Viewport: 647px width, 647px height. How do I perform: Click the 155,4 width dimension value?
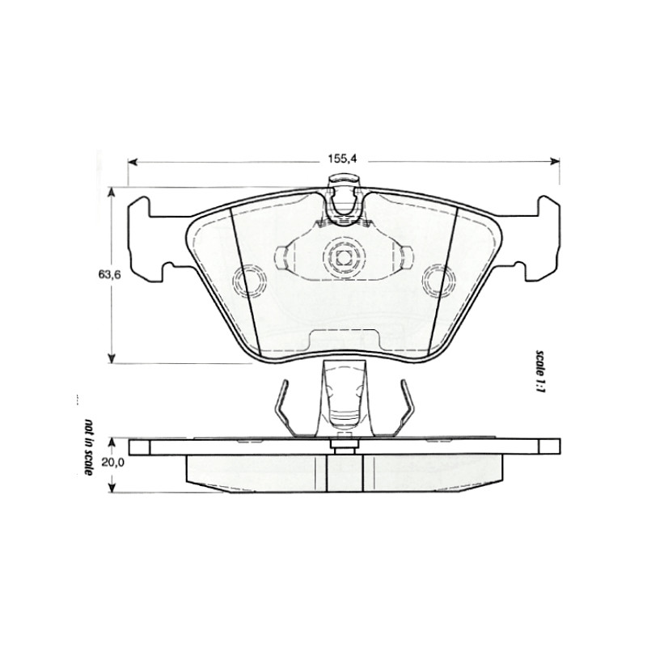[341, 159]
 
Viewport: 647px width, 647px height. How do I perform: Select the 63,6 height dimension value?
[109, 275]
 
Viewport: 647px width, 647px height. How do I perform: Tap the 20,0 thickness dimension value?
[113, 463]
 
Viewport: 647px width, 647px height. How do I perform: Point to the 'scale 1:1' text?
[540, 370]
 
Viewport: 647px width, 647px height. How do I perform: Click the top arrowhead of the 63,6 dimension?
[111, 192]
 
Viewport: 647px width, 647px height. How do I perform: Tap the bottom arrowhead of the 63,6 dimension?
[111, 358]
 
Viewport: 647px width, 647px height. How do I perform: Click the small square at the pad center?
[343, 258]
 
